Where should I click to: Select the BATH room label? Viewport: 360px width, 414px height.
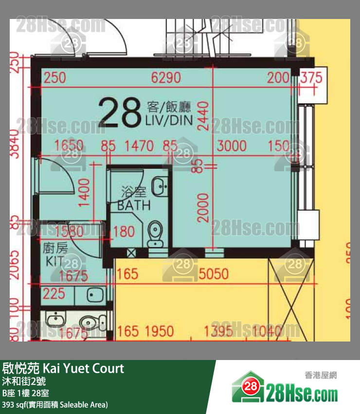[x=134, y=205]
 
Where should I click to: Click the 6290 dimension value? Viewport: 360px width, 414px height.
[x=166, y=78]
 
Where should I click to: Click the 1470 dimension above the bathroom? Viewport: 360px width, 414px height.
[x=139, y=145]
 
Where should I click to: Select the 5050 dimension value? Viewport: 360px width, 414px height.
[x=214, y=274]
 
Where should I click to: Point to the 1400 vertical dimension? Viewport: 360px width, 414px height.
[x=85, y=193]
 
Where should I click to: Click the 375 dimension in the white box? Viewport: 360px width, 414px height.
[x=311, y=78]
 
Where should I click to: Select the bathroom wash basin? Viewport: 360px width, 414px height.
[x=159, y=185]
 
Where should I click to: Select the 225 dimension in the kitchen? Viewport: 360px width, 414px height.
[x=54, y=293]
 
